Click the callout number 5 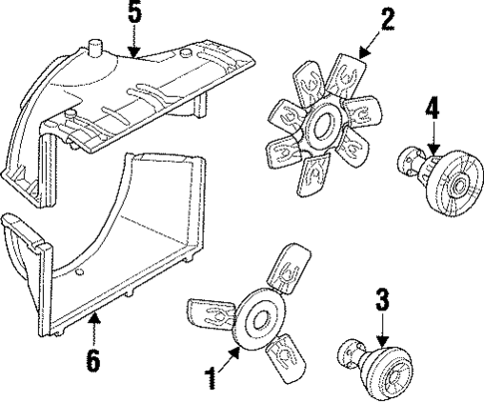[x=135, y=14]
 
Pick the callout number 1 [x=212, y=378]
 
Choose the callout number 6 [x=92, y=360]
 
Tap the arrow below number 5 [x=135, y=38]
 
